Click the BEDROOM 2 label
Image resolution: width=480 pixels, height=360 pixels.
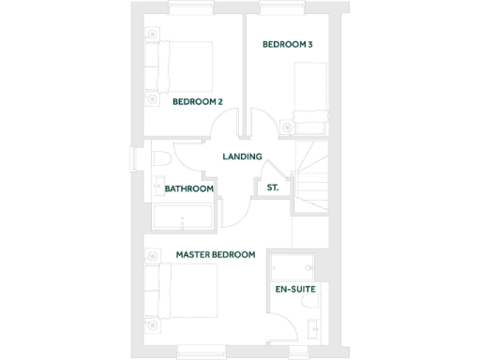[197, 101]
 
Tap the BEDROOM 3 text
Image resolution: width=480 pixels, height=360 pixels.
[288, 44]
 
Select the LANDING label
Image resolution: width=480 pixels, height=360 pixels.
[242, 157]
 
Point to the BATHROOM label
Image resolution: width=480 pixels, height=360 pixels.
[189, 188]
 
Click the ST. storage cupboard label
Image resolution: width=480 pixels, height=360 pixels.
[273, 187]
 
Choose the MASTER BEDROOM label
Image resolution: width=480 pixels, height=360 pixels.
[216, 254]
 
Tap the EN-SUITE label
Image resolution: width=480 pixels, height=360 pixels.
[294, 289]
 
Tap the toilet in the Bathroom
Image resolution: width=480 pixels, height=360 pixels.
[158, 158]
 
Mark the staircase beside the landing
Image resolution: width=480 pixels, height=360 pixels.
[310, 172]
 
